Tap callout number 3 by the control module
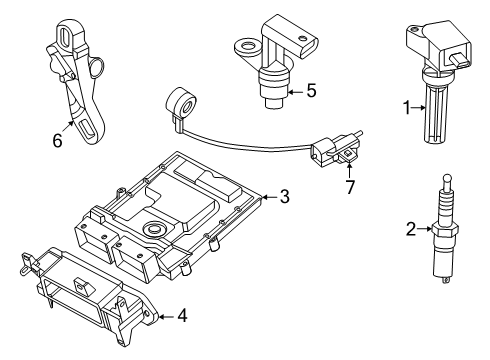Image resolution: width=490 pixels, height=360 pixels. tap(284, 197)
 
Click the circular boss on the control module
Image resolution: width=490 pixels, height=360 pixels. tap(152, 232)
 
